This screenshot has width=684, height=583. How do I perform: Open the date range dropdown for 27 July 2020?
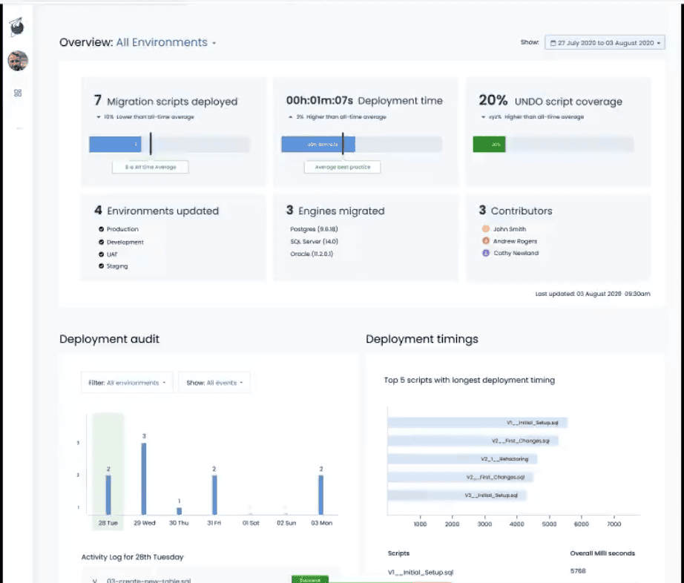tap(605, 43)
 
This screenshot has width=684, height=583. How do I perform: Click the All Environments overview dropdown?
tap(165, 43)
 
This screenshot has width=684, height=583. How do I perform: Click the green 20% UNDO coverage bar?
tap(489, 145)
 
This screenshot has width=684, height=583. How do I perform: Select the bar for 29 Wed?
tap(144, 478)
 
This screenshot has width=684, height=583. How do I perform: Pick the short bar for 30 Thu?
tap(179, 510)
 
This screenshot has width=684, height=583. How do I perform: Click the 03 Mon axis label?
tap(320, 524)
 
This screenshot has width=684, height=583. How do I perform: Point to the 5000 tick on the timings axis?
tap(549, 524)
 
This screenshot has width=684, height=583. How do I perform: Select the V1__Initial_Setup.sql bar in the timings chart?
tap(477, 423)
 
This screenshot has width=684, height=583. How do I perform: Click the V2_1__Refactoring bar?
tap(461, 459)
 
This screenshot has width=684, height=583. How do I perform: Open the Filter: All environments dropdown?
tap(127, 383)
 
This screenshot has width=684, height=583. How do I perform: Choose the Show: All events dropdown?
tap(214, 383)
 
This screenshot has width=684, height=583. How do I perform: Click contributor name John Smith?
tap(510, 229)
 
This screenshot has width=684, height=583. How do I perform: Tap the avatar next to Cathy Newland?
tap(486, 253)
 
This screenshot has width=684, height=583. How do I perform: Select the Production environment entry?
tap(122, 229)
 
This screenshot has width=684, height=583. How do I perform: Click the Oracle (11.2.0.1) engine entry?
tap(312, 254)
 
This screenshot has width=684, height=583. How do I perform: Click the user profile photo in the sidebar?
tap(18, 61)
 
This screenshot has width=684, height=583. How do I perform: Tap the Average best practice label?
tap(342, 167)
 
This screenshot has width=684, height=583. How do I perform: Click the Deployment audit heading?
tap(109, 339)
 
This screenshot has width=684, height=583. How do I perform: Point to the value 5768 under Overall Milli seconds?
tap(578, 571)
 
